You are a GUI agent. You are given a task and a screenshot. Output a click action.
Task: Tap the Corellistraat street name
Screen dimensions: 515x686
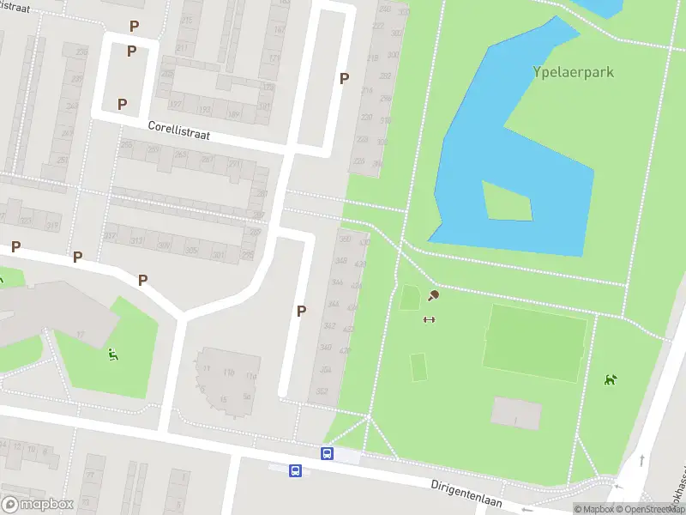(x=178, y=130)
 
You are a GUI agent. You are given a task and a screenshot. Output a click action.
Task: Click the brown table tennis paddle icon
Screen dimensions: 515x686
(x=434, y=296)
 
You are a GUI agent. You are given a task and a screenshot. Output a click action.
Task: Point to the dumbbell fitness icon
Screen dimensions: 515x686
(x=429, y=320)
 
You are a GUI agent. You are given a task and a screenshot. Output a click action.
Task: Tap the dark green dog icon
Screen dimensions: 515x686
(x=610, y=379)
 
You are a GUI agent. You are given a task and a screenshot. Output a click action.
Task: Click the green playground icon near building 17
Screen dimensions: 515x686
(x=113, y=354)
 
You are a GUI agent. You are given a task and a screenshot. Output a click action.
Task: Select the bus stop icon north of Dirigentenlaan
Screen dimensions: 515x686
(x=327, y=453)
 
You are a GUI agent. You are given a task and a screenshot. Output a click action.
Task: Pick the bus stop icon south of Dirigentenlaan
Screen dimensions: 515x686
(x=295, y=470)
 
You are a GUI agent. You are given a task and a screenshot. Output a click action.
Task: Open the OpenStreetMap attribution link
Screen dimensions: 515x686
(x=648, y=509)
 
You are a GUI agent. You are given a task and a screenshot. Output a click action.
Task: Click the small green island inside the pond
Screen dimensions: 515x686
(x=506, y=201)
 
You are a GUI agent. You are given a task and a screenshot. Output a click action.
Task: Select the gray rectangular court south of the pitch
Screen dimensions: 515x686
(x=516, y=414)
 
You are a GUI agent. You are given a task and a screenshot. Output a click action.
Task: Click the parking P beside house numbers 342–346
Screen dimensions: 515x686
(x=301, y=312)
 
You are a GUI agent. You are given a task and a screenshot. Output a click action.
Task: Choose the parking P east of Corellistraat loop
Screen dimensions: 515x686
(x=344, y=78)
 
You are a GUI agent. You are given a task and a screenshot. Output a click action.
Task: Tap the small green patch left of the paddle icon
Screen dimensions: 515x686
(x=409, y=299)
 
